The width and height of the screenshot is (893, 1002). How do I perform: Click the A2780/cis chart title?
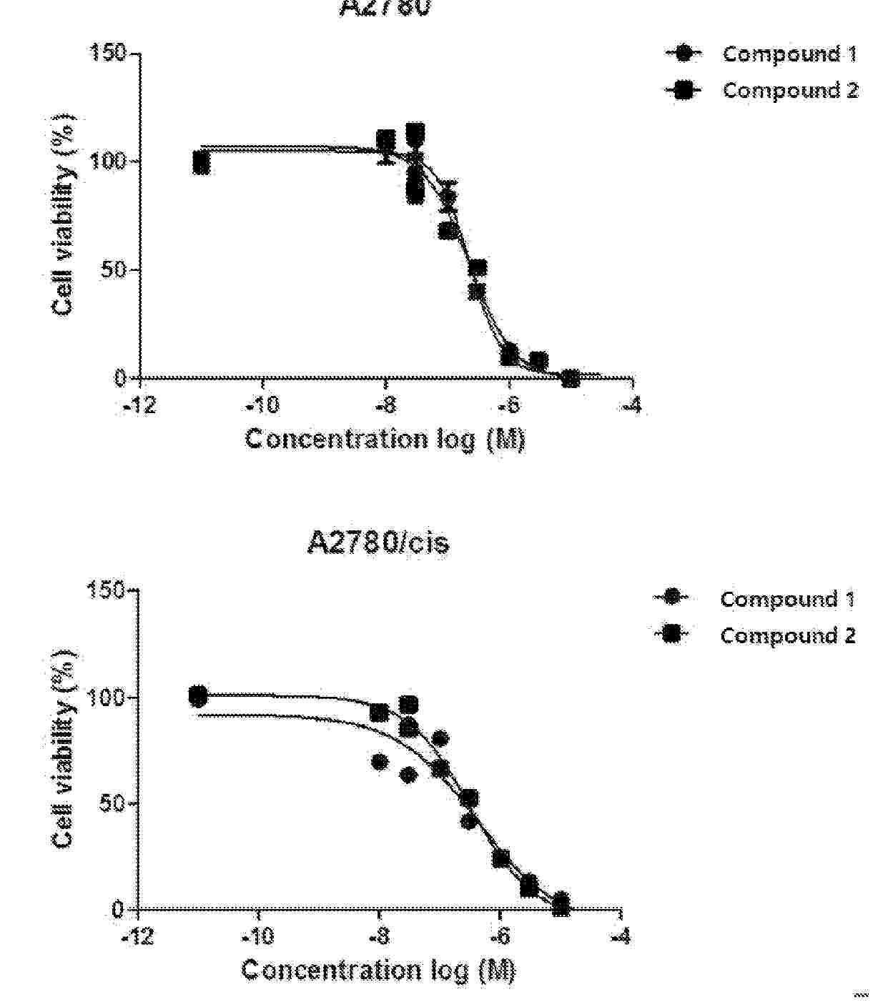click(378, 543)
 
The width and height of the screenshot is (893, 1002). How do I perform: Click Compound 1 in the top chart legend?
click(789, 54)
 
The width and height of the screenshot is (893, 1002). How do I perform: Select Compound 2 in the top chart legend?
click(789, 91)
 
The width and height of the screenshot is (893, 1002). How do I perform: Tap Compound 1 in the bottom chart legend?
click(786, 599)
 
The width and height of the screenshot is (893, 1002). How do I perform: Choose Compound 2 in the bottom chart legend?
click(786, 635)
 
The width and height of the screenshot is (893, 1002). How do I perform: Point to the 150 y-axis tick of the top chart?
click(108, 54)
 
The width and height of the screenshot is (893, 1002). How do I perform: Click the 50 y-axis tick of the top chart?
click(115, 270)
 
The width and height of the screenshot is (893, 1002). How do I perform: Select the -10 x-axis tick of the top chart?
click(262, 407)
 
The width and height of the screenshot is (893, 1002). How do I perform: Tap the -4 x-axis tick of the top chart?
click(631, 407)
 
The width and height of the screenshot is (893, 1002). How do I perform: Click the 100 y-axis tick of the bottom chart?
click(106, 698)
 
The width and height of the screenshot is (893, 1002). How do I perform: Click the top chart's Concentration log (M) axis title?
click(385, 439)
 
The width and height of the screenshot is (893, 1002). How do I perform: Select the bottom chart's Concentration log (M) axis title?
click(378, 970)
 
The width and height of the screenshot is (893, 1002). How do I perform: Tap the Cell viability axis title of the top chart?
click(64, 214)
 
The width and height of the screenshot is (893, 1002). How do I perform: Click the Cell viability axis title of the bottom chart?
click(64, 750)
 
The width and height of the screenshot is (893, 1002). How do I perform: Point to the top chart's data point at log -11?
click(202, 164)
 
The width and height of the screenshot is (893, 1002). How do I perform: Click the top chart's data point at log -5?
click(570, 378)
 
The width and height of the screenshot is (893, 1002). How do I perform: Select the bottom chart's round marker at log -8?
click(380, 763)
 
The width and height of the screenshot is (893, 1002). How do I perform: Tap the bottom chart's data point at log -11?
click(198, 695)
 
